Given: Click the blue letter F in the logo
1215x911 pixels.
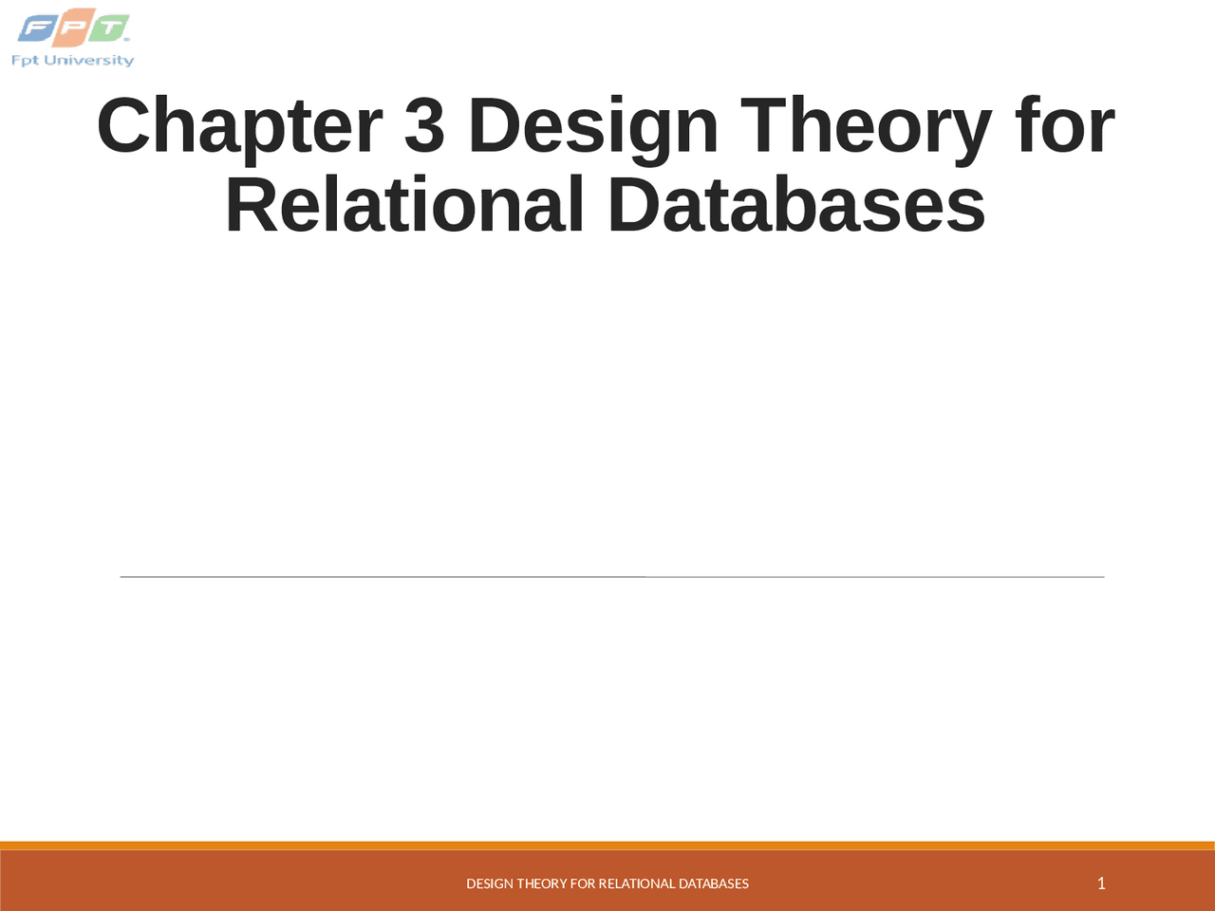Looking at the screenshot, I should [x=36, y=29].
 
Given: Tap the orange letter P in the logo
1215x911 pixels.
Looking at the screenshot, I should [x=72, y=30].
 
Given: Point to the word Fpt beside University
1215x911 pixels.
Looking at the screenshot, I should [x=25, y=61].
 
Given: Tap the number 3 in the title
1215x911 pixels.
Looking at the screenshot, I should [x=424, y=126].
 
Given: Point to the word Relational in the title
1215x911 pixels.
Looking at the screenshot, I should [x=404, y=205].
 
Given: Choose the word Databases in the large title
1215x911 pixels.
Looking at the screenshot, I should [x=796, y=205].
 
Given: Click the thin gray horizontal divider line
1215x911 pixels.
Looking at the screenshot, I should [x=611, y=576].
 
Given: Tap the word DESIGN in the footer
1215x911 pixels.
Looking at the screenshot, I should [x=490, y=883].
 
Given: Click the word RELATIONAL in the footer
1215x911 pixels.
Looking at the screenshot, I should [x=637, y=883].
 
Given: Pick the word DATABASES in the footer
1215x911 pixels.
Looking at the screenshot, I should [x=714, y=883].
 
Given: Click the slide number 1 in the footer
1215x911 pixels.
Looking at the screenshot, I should [x=1101, y=883].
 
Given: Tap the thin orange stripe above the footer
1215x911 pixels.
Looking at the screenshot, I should [x=607, y=846].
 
